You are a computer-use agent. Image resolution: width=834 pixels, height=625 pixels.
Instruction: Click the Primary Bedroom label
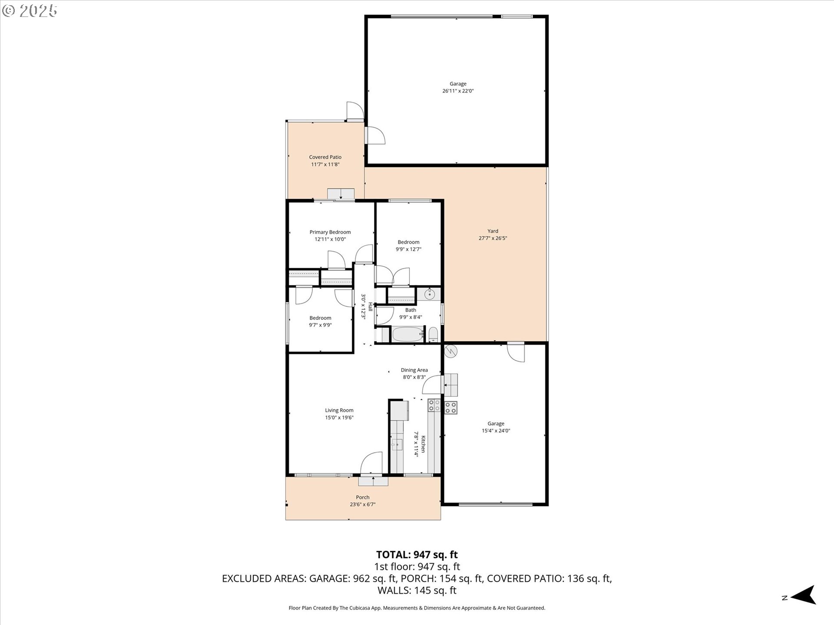coord(330,232)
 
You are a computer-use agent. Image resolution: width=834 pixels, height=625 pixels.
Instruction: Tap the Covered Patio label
coord(325,157)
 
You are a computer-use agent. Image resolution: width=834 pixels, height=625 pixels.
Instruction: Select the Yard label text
coord(493,231)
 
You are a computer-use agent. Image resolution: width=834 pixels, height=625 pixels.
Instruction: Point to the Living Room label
coord(339,410)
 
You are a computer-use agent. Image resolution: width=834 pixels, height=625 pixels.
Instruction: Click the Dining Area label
coord(414,370)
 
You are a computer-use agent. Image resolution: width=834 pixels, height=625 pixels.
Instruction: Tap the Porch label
coord(363,497)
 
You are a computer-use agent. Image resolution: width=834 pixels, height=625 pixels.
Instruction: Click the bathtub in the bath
coord(407,335)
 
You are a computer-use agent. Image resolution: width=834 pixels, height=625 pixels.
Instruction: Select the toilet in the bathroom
coord(433,335)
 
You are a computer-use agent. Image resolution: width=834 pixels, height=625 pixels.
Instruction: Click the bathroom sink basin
coord(429,295)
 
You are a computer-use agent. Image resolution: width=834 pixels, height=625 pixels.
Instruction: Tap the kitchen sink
coord(397,444)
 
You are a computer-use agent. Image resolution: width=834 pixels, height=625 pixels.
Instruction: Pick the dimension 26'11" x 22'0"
coord(458,91)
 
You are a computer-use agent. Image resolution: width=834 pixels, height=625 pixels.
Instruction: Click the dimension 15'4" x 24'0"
coord(496,431)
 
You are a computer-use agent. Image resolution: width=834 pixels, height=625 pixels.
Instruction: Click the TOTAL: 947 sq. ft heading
coord(417,555)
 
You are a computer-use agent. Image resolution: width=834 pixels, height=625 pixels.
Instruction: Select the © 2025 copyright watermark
coord(30,11)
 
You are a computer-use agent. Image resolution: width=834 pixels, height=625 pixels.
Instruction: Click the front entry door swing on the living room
coord(371,463)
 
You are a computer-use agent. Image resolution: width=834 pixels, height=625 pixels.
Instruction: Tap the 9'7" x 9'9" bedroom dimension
coord(320,325)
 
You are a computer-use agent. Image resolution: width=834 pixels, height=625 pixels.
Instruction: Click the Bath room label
coord(410,310)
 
